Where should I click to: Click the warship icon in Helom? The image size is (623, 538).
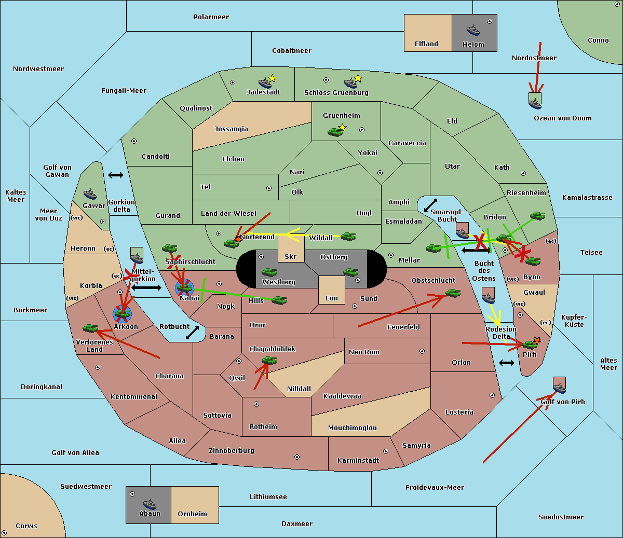[473, 30]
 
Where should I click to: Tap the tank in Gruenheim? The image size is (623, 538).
[335, 132]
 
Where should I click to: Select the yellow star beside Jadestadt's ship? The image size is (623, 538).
[272, 79]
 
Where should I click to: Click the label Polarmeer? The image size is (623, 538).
[211, 17]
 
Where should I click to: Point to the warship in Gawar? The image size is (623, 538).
[90, 195]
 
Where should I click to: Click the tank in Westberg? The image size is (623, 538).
[269, 272]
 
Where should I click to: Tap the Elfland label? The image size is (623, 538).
[426, 44]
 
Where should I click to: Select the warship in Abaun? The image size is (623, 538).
[150, 504]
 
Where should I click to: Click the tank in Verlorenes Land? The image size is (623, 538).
[90, 328]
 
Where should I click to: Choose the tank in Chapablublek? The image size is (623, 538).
[269, 360]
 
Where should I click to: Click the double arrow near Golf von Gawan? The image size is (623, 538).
[116, 175]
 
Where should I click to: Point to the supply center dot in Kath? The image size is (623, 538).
[523, 173]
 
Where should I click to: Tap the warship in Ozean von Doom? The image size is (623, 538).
[535, 103]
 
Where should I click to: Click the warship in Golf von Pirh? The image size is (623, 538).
[560, 388]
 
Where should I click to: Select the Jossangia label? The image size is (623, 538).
[231, 129]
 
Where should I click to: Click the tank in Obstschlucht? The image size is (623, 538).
[453, 293]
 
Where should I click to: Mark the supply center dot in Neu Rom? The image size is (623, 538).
[422, 351]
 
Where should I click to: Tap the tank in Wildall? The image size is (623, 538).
[348, 237]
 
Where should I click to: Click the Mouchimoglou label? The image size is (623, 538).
[353, 427]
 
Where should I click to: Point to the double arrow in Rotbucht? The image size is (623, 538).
[193, 333]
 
